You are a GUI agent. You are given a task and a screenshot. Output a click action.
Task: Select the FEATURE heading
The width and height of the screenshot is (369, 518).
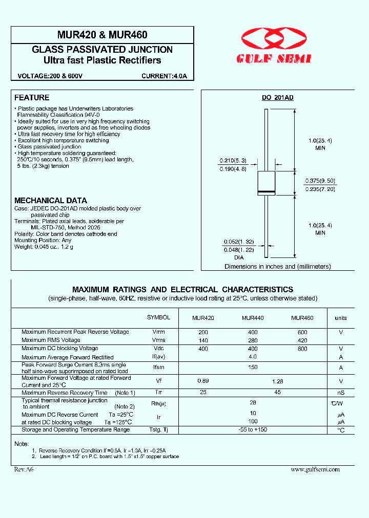pos(32,97)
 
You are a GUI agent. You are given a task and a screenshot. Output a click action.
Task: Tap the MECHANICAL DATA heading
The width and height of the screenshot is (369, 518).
pos(51,201)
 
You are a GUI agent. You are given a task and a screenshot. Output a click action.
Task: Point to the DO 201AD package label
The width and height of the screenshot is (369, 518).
pos(278,98)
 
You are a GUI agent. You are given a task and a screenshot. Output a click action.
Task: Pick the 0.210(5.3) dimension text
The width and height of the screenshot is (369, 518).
pos(233,160)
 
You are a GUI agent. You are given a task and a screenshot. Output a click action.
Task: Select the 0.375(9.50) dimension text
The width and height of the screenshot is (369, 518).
pos(320,181)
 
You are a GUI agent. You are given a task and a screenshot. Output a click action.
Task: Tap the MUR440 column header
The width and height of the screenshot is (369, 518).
pos(253,318)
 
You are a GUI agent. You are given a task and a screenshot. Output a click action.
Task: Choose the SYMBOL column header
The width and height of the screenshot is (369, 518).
pos(158,317)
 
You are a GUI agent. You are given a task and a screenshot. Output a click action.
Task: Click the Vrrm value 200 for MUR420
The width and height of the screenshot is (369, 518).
pos(203,332)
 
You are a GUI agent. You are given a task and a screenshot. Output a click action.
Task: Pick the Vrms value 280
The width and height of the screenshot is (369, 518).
pos(253,340)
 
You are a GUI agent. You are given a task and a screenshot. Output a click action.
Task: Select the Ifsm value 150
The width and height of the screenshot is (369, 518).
pos(253,367)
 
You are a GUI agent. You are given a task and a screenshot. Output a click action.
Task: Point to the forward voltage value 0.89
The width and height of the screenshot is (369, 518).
pos(203,381)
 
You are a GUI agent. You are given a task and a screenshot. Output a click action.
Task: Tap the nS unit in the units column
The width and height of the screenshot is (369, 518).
pos(341,393)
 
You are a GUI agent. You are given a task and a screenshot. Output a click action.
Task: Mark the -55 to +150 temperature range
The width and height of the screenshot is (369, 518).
pos(253,430)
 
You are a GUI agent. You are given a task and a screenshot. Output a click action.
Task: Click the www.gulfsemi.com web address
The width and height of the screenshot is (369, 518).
pos(315,469)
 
